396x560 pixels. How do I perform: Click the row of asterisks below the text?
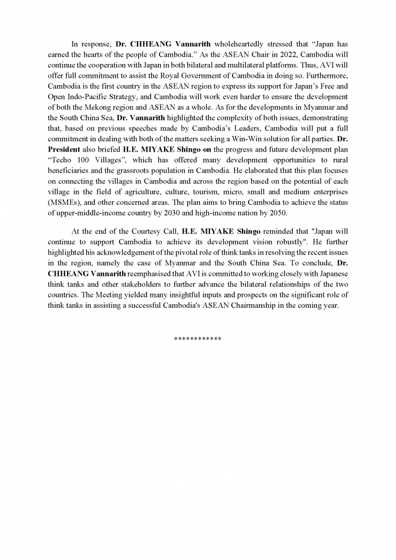[198, 339]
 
